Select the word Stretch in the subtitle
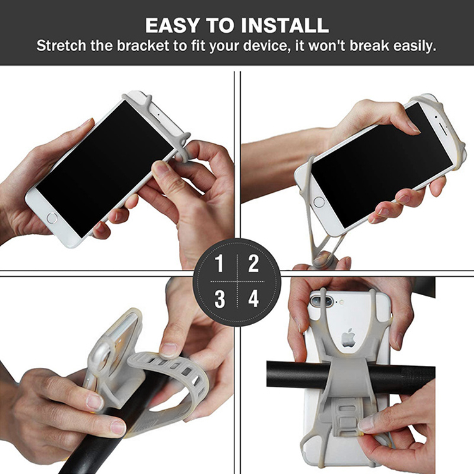(61, 46)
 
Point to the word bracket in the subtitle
(143, 46)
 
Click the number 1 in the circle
(219, 264)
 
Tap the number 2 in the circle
(253, 264)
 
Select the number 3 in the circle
(219, 299)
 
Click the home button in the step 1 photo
(52, 218)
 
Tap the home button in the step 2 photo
(319, 202)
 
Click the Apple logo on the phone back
(348, 337)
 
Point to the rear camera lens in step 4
(318, 301)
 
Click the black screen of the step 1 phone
(104, 168)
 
